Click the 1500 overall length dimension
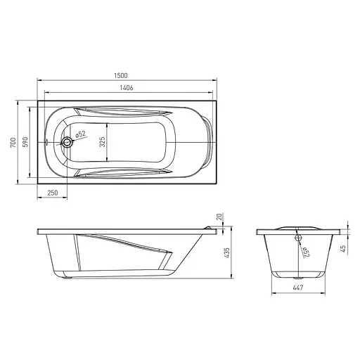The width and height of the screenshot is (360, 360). [121, 75]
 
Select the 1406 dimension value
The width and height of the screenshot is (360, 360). [127, 88]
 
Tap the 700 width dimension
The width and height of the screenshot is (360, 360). [13, 143]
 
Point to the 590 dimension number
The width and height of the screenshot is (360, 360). [25, 142]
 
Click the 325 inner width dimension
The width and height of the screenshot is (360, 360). [102, 142]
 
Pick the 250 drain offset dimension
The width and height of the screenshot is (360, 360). [53, 193]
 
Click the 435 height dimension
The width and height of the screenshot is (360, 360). [226, 253]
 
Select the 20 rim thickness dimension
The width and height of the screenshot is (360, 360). [219, 217]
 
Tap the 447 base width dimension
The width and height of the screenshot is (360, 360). [298, 288]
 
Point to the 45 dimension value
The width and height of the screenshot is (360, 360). [342, 248]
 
